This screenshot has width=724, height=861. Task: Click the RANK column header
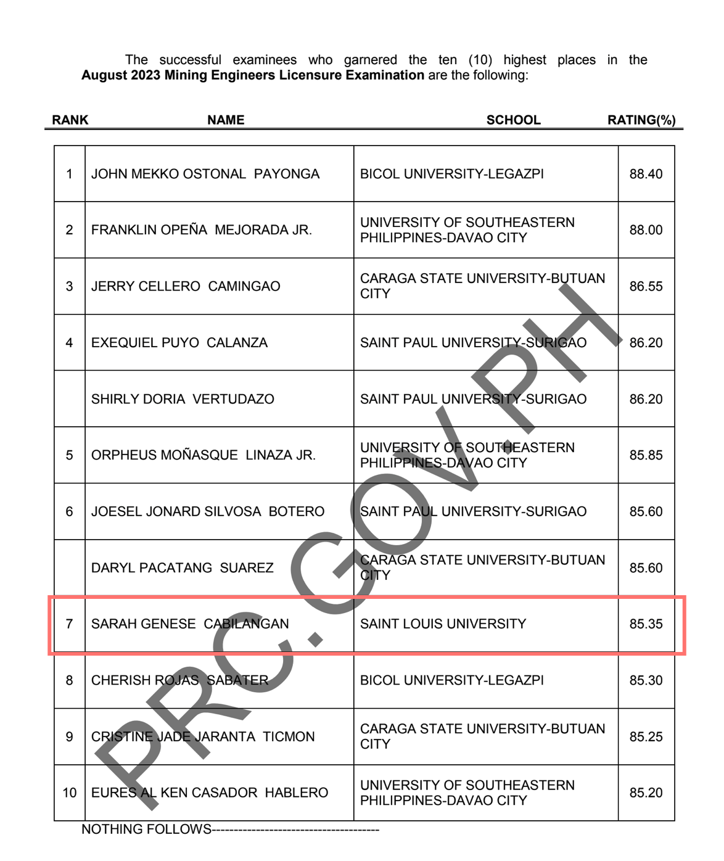click(x=70, y=120)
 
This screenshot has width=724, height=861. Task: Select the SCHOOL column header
click(x=513, y=120)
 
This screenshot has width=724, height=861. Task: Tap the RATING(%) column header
click(x=641, y=120)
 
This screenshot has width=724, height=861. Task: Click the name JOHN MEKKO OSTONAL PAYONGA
click(x=205, y=174)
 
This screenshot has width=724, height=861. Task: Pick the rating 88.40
click(x=646, y=174)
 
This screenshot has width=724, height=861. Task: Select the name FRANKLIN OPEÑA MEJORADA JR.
click(x=201, y=230)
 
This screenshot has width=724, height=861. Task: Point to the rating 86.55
click(x=646, y=286)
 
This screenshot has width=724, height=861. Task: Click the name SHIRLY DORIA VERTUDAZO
click(x=183, y=399)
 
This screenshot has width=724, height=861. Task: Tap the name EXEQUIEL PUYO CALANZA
click(x=179, y=343)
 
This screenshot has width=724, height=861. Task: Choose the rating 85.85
click(x=646, y=455)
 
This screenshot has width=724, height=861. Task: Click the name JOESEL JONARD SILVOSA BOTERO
click(x=207, y=511)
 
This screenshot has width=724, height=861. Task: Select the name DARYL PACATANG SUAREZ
click(x=182, y=567)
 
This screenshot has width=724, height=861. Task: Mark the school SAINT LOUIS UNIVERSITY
click(x=443, y=624)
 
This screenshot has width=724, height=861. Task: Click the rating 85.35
click(x=646, y=624)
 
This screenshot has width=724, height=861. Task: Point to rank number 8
click(x=69, y=680)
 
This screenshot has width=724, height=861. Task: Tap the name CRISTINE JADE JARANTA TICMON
click(x=203, y=736)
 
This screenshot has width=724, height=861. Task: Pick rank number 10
click(x=69, y=793)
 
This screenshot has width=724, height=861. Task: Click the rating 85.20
click(x=646, y=793)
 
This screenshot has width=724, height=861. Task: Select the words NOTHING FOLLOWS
click(x=146, y=829)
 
